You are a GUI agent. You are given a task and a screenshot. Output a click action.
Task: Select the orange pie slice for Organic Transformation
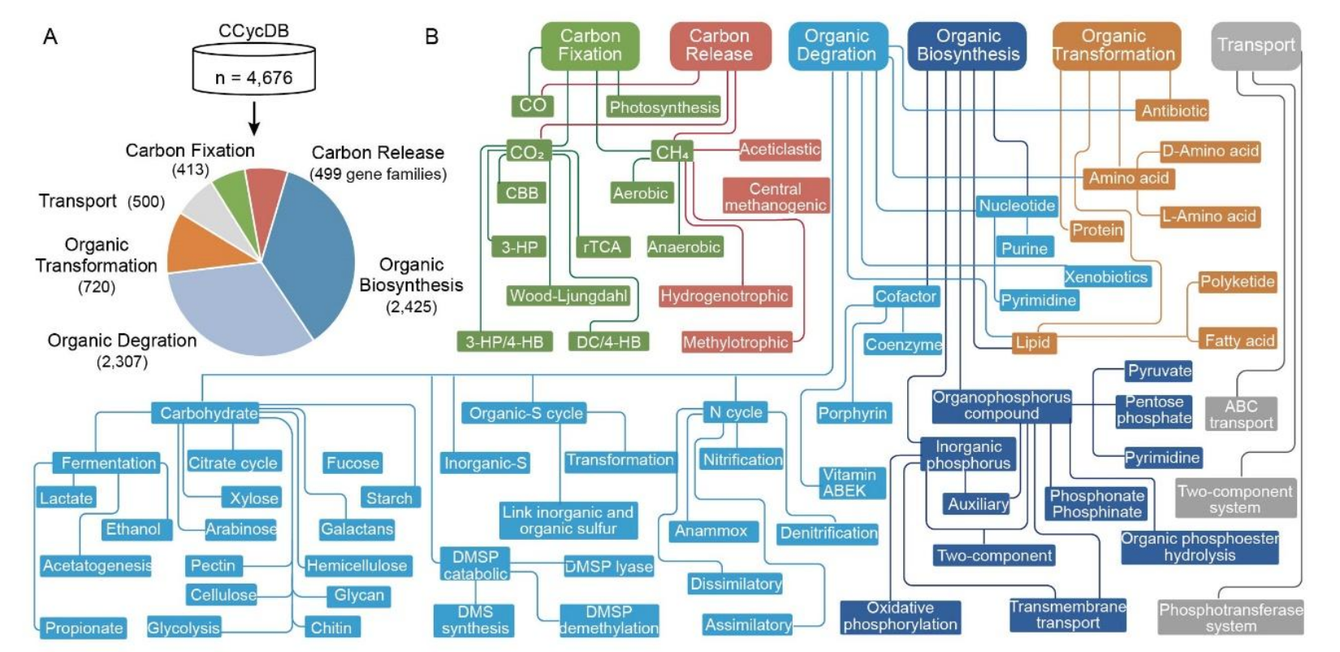[197, 247]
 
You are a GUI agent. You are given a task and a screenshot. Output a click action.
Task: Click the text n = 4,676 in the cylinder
[253, 78]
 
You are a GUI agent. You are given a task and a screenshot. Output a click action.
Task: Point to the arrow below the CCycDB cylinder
[253, 120]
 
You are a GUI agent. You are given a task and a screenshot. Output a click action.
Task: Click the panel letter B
[431, 37]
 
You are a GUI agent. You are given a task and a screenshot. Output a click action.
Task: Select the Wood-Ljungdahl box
[568, 296]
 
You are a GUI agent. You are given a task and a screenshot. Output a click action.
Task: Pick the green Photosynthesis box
[664, 107]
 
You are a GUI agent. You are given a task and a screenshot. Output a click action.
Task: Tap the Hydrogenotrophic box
[724, 297]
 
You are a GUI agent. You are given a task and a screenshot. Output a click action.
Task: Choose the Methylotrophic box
[735, 343]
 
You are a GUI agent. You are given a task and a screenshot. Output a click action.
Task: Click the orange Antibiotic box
[1174, 111]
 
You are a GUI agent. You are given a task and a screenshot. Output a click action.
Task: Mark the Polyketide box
[1237, 282]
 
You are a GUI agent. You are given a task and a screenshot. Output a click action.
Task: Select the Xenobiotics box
[1105, 277]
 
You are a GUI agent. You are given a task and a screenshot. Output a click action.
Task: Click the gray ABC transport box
[1240, 414]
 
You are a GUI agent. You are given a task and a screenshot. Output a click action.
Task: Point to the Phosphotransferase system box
[1230, 618]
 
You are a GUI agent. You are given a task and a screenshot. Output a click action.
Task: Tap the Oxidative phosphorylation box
[900, 616]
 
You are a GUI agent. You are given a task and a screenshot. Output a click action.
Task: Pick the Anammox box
[711, 531]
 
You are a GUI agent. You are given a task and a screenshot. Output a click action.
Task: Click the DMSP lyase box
[608, 567]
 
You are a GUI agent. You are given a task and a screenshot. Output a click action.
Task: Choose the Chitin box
[331, 628]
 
